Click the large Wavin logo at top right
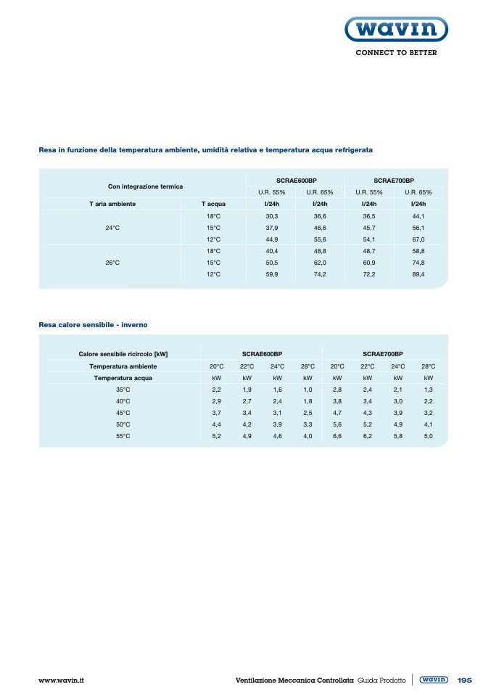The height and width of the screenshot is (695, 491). (x=395, y=30)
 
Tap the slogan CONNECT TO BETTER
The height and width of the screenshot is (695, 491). (x=395, y=53)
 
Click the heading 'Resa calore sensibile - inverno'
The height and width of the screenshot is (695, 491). (x=93, y=324)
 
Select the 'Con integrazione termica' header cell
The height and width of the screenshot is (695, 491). (x=145, y=186)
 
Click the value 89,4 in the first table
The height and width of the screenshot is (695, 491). (x=418, y=274)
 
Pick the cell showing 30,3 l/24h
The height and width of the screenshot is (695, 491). (x=272, y=216)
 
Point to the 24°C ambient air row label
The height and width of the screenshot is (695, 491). (x=112, y=228)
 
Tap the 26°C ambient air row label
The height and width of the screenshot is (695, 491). (x=112, y=263)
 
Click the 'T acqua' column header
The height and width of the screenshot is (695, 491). (x=213, y=204)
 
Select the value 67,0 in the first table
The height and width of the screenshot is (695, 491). (x=418, y=239)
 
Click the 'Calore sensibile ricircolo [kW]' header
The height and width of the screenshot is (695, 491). (x=123, y=354)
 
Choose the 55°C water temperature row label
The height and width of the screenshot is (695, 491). (x=123, y=436)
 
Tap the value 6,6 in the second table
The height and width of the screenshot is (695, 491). (x=337, y=436)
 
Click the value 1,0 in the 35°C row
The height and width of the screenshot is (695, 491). (x=308, y=390)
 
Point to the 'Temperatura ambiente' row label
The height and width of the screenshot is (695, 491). (x=123, y=366)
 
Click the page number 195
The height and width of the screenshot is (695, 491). (x=464, y=680)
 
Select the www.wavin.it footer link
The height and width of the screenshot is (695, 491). (x=62, y=680)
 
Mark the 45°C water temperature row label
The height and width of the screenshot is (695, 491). (x=123, y=413)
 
